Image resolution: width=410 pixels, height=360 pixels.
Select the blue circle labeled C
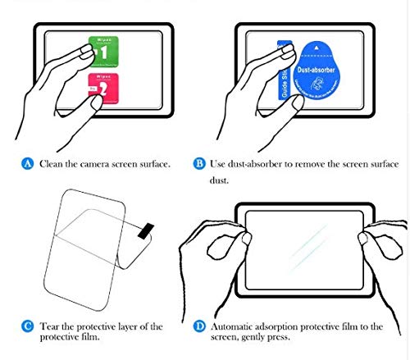[28, 326]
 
